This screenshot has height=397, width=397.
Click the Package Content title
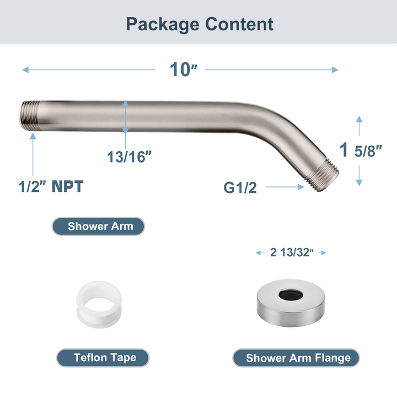pyautogui.click(x=199, y=24)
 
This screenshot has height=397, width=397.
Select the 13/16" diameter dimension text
pyautogui.click(x=129, y=157)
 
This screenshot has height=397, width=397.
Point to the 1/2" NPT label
pyautogui.click(x=51, y=186)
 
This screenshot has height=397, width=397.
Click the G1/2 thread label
pyautogui.click(x=240, y=187)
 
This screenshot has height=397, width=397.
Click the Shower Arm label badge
pyautogui.click(x=99, y=226)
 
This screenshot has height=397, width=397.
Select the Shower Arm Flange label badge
pyautogui.click(x=298, y=358)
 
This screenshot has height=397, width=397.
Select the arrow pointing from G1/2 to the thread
pyautogui.click(x=285, y=187)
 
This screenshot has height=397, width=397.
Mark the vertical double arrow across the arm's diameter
pyautogui.click(x=126, y=117)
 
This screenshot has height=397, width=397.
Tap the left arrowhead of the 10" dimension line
pyautogui.click(x=25, y=70)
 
